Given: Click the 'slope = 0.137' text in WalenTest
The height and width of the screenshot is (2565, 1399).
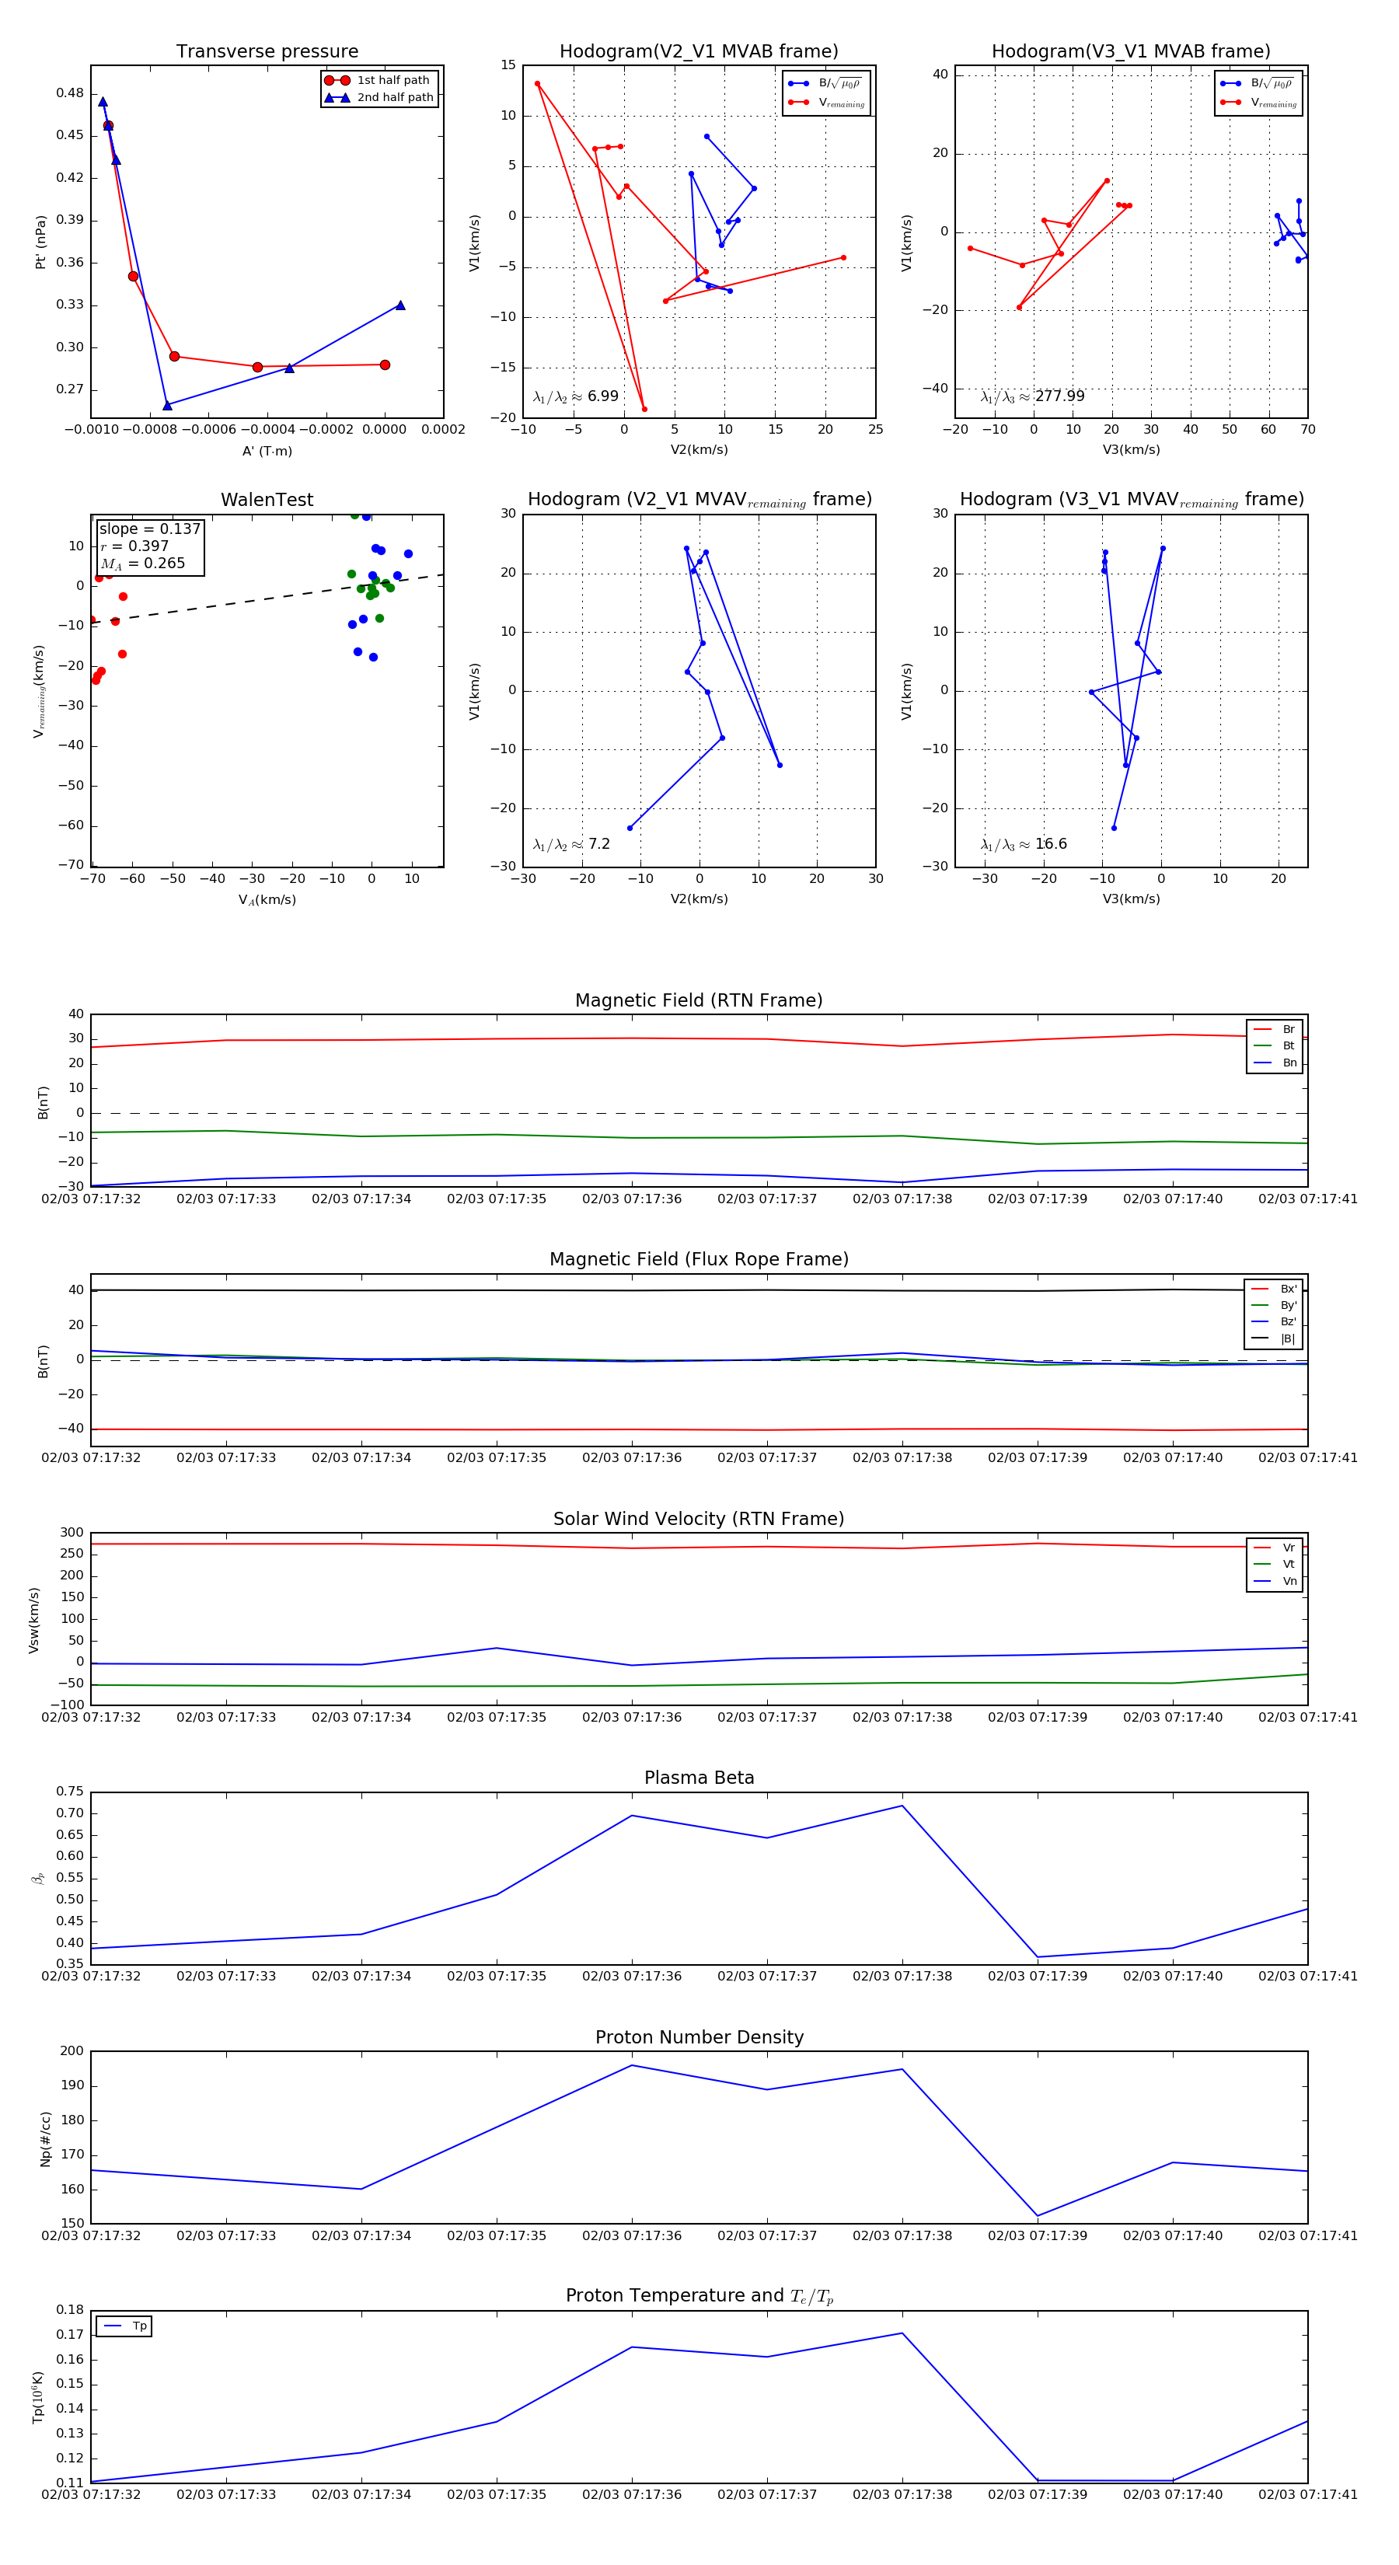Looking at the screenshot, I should coord(149,529).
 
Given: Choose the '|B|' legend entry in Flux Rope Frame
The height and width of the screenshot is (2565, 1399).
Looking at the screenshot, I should coord(1288,1339).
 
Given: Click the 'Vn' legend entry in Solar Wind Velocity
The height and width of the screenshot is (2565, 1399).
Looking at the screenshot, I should coord(1289,1581).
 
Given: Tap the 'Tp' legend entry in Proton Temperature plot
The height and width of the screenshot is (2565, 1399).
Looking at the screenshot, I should coord(139,2326).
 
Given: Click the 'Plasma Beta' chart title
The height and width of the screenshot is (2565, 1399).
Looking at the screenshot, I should coord(699,1778).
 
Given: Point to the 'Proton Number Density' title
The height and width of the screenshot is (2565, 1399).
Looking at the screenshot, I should coord(699,2037).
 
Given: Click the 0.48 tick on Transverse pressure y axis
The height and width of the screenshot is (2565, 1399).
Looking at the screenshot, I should coord(70,92).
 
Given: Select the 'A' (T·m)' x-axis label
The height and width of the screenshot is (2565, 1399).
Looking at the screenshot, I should coord(267,451).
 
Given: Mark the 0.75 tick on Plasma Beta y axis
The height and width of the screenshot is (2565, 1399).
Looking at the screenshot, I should coord(70,1792).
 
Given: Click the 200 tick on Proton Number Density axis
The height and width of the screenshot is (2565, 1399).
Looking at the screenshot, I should coord(72,2051).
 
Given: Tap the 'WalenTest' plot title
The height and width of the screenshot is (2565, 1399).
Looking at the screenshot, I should coord(267,500).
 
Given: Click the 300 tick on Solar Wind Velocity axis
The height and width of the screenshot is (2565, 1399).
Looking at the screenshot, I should coord(72,1533).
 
